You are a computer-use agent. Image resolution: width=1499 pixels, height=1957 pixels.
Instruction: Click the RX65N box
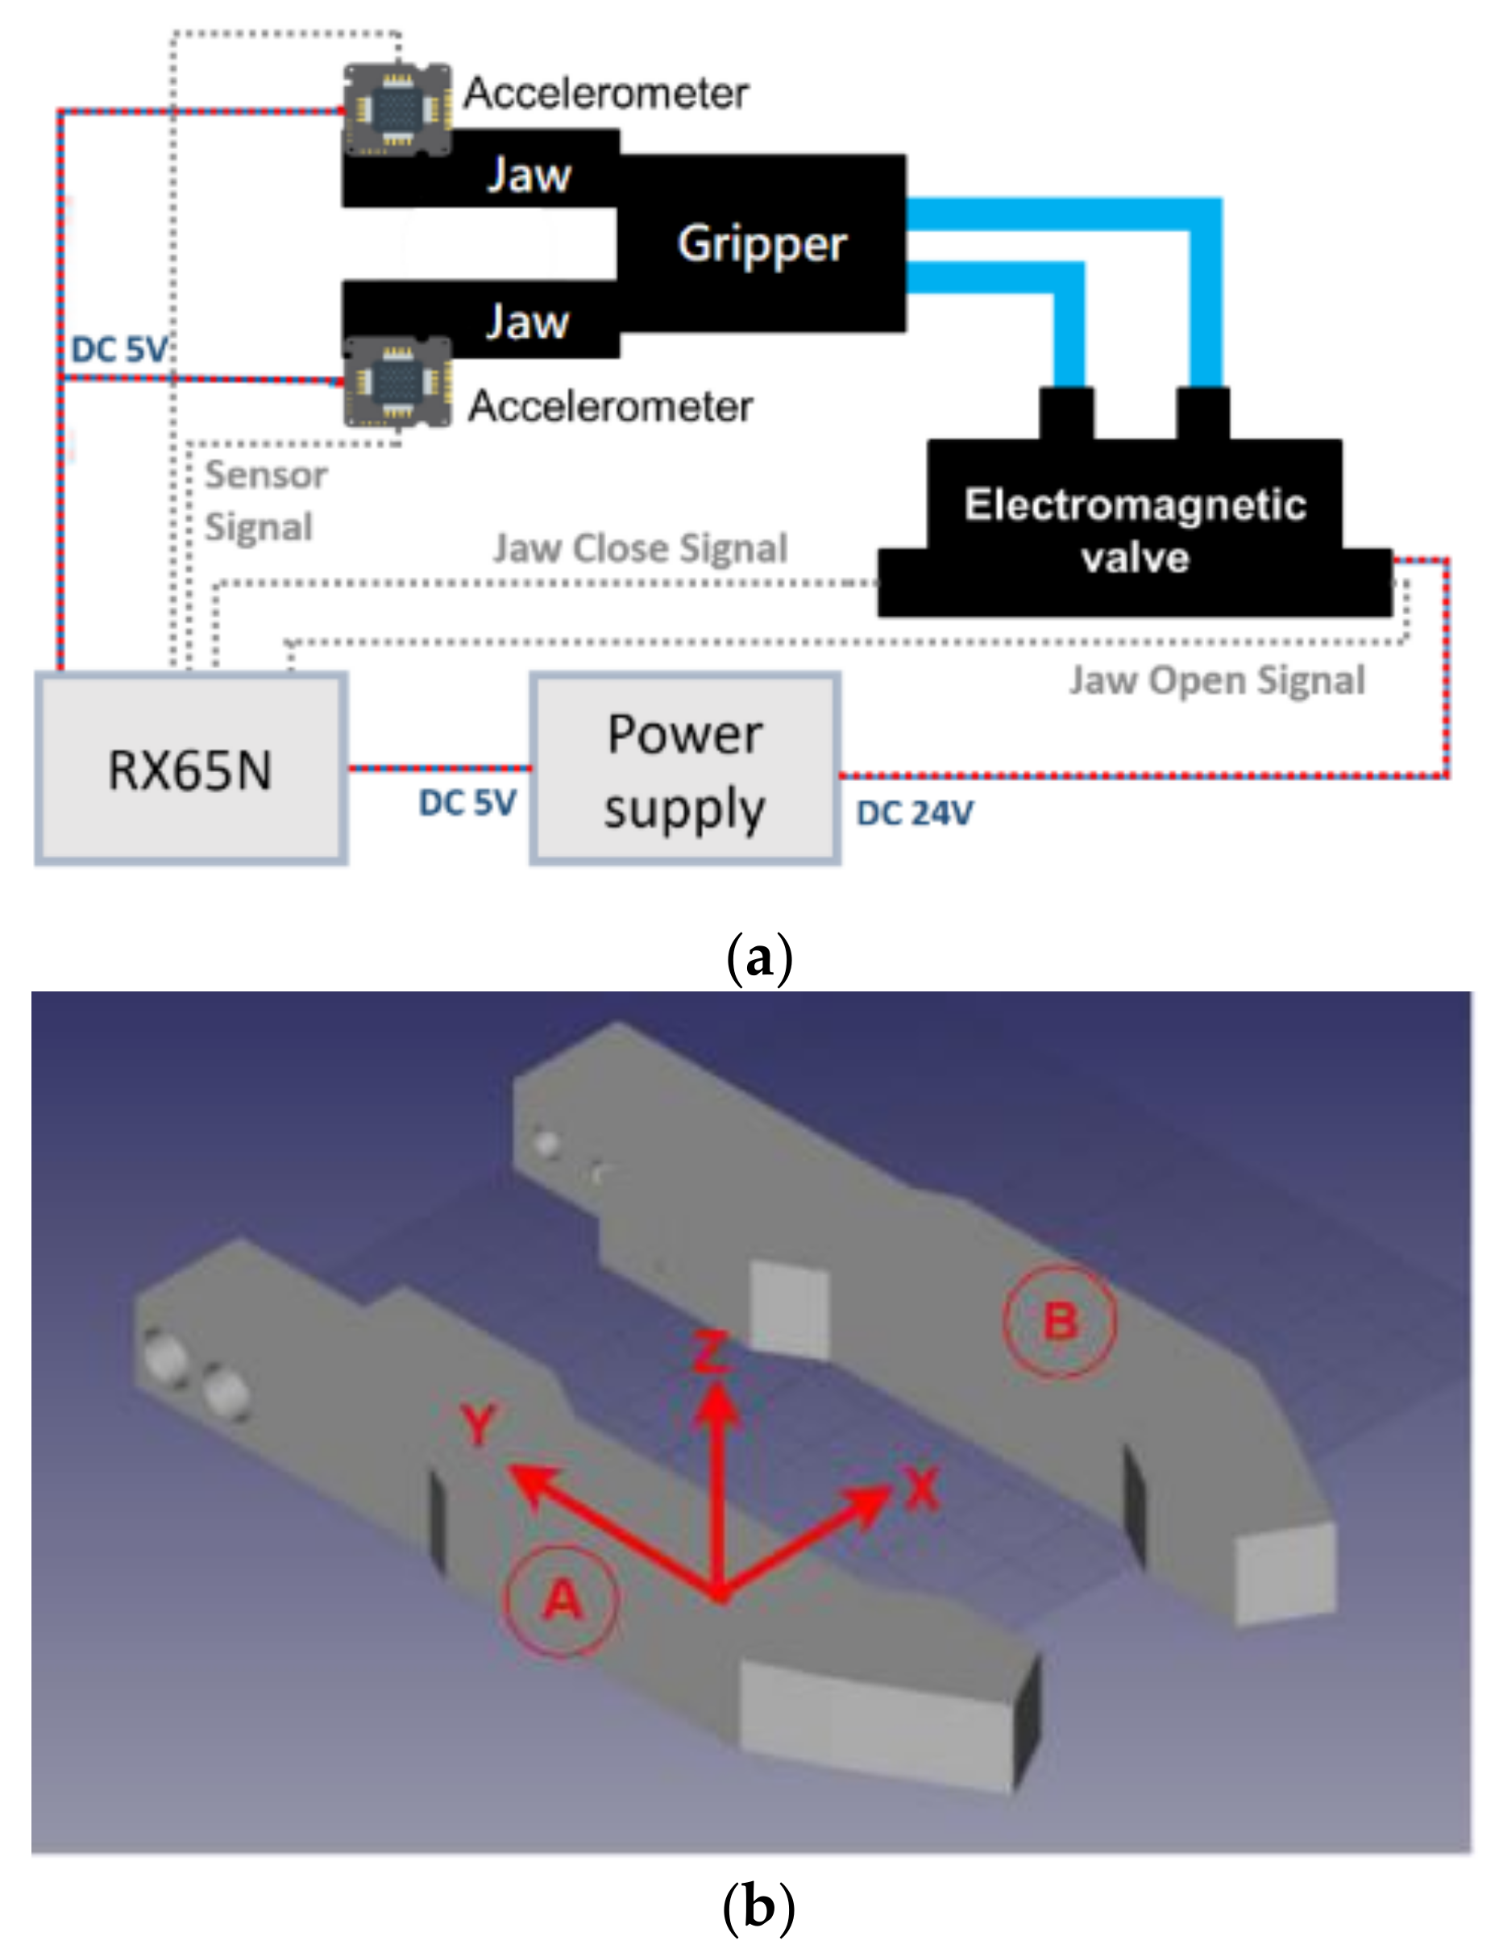[x=190, y=768]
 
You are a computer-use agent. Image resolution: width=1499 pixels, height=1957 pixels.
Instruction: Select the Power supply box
[x=684, y=768]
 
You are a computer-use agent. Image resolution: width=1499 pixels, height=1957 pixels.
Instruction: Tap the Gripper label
[x=761, y=243]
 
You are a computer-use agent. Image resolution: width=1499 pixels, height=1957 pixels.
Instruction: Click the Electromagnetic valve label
[x=1135, y=530]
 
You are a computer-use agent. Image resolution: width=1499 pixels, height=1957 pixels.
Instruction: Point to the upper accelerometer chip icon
[x=397, y=110]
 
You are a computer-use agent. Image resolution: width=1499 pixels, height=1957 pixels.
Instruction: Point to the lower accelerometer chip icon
[x=398, y=382]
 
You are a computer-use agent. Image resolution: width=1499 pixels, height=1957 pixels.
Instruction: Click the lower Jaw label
[x=527, y=322]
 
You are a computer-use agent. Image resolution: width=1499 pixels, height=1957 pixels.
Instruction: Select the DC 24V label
[x=915, y=813]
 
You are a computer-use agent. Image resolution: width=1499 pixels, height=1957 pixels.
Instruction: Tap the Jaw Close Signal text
[x=641, y=548]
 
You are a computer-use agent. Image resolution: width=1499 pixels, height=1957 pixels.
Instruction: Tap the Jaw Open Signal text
[x=1217, y=680]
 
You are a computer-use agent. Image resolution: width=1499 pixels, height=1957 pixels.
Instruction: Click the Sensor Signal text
[x=265, y=501]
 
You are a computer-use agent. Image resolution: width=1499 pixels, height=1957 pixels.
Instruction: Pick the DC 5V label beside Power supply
[x=467, y=803]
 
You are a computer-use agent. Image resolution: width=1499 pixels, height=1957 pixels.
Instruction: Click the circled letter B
[x=1059, y=1321]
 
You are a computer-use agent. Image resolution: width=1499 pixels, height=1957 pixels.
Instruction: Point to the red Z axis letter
[x=711, y=1351]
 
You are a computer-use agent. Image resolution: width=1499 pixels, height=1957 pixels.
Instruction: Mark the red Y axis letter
[x=480, y=1423]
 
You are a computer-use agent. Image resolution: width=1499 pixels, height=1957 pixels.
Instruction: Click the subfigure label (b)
[x=758, y=1907]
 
